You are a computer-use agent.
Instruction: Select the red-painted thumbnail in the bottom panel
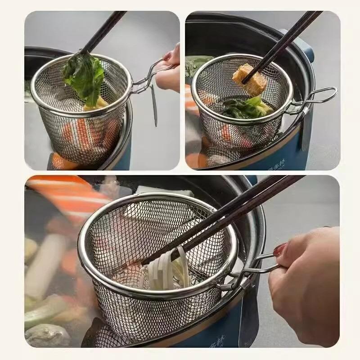pyautogui.click(x=279, y=250)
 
